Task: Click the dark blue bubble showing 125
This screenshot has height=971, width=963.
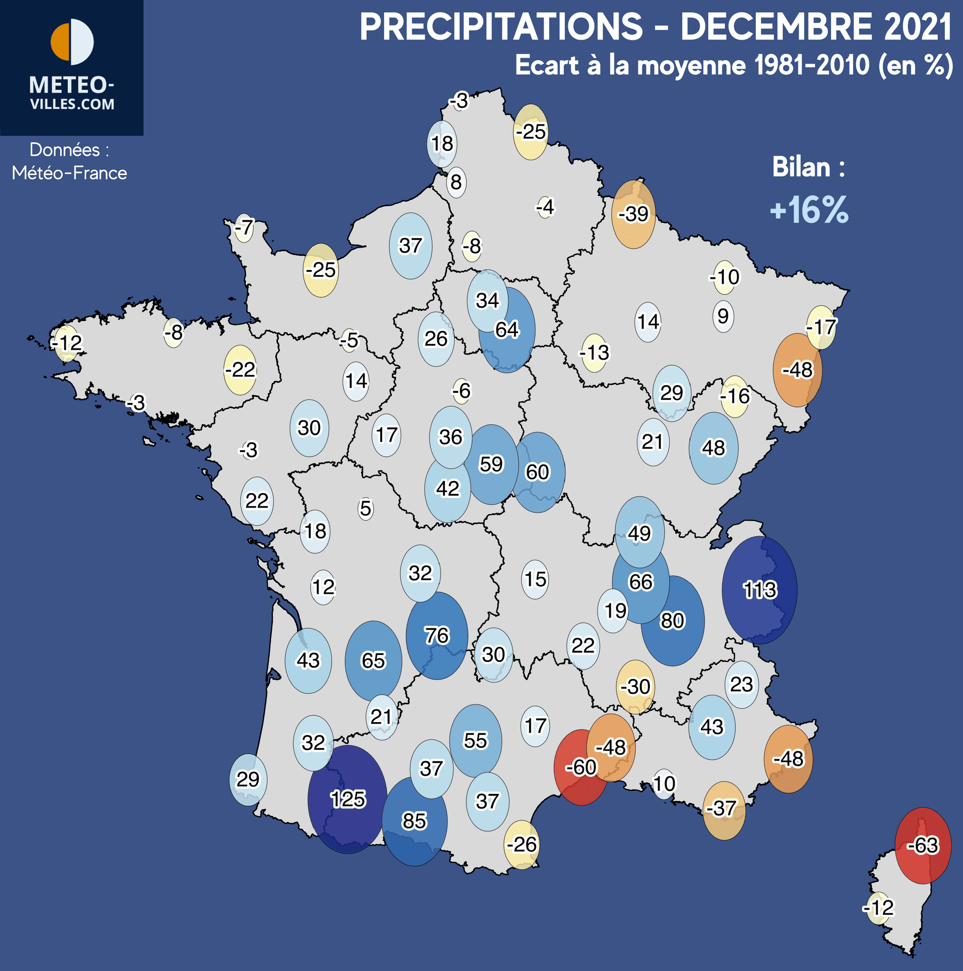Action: pos(347,799)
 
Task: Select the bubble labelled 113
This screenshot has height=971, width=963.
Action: pos(759,589)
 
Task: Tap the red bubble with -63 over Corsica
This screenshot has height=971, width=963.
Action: pos(923,845)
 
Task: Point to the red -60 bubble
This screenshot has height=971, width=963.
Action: pos(580,767)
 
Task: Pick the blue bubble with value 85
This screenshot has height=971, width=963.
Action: pos(414,821)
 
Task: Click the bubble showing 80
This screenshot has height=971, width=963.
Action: pos(673,621)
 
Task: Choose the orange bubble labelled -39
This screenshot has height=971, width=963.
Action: pos(633,215)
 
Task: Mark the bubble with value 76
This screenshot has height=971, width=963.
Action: pos(437,636)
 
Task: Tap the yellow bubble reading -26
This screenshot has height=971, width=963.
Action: pos(522,844)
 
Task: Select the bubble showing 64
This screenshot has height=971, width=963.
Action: pos(507,330)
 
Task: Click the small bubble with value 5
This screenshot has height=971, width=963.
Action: pos(366,509)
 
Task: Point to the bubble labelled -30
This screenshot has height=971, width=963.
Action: pos(635,687)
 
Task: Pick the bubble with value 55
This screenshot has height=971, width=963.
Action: pos(475,740)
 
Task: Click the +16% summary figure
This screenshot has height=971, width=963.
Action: pos(809,210)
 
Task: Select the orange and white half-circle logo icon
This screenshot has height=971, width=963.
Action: pos(72,42)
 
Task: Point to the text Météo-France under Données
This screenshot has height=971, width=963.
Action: pos(69,173)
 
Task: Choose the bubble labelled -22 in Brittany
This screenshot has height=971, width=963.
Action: pos(240,370)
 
